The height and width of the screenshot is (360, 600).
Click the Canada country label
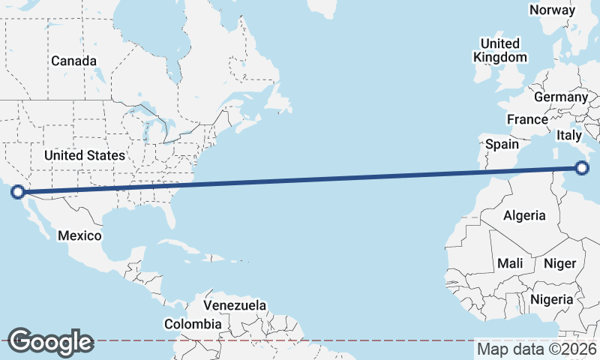(73, 61)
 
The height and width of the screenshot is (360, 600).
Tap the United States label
(84, 155)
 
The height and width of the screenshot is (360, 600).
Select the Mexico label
(79, 235)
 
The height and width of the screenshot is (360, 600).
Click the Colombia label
(193, 324)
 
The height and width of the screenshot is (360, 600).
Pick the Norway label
(552, 10)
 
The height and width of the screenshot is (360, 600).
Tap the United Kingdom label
(500, 50)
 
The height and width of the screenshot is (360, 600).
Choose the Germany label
(561, 97)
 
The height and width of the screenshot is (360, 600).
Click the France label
(527, 119)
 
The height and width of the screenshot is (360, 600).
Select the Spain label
(502, 143)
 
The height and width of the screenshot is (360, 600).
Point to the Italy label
(569, 136)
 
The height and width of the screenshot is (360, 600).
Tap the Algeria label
(524, 215)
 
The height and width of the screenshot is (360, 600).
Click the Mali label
(510, 263)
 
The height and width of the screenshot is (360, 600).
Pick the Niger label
(559, 263)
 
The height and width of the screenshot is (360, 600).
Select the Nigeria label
(551, 299)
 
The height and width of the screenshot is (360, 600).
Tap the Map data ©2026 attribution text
(536, 349)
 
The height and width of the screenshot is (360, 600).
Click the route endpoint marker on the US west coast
(19, 192)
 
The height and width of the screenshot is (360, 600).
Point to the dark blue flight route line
(300, 180)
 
